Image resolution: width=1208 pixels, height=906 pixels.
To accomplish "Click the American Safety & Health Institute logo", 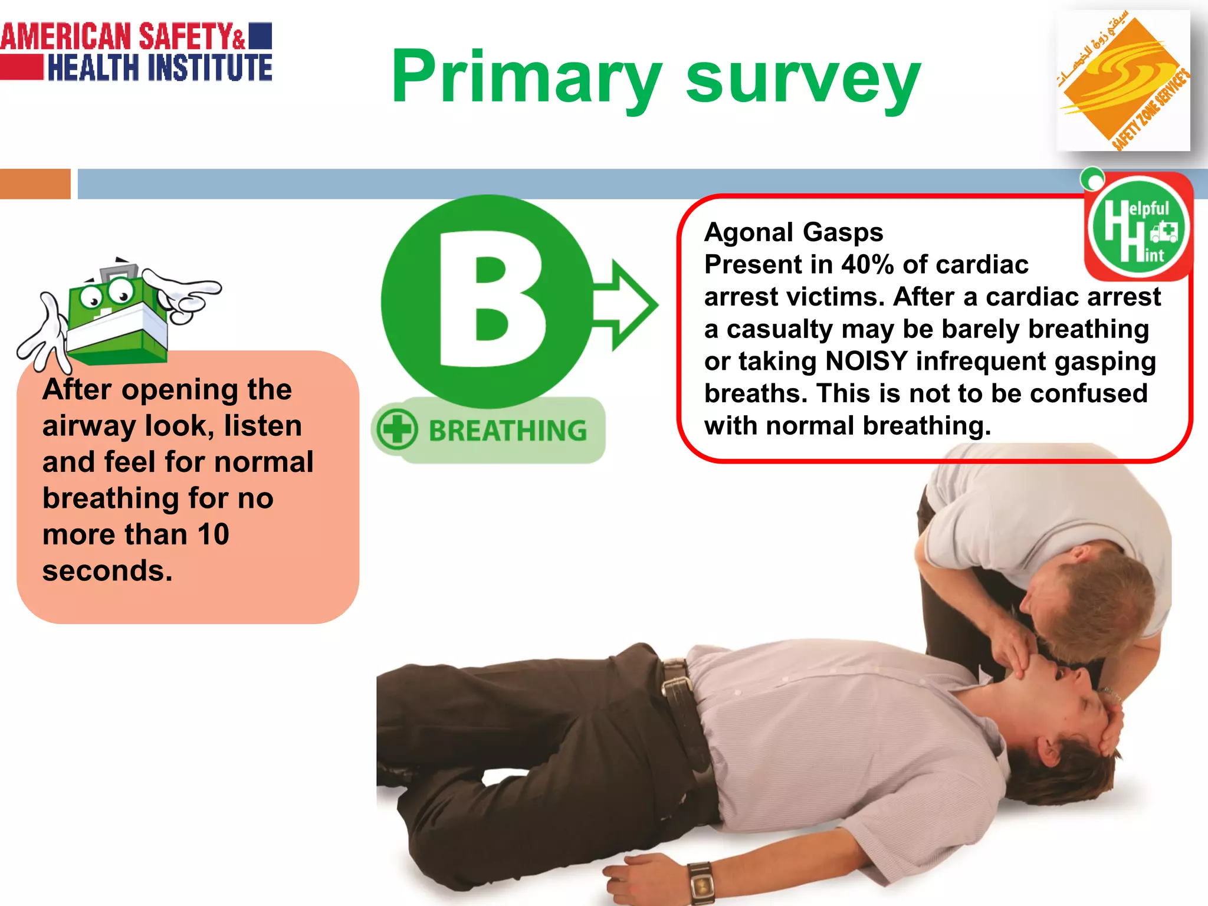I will [x=136, y=52].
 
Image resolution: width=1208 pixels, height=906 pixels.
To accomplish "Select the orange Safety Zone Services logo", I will [x=1122, y=81].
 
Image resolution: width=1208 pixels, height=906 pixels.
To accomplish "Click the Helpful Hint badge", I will [x=1138, y=228].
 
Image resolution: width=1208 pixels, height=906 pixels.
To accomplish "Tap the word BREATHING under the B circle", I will [x=508, y=431].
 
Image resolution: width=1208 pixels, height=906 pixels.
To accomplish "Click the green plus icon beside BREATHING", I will [x=397, y=429].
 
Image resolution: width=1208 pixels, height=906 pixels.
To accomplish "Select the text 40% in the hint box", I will [x=866, y=265].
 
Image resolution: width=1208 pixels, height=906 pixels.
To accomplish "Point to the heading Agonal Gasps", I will [x=793, y=232].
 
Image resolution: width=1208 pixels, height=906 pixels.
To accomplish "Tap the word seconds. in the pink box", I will [x=107, y=571].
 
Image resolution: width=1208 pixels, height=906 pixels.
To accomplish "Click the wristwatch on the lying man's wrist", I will [x=701, y=882].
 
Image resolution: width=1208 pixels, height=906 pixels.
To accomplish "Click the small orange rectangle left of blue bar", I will [x=35, y=183].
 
